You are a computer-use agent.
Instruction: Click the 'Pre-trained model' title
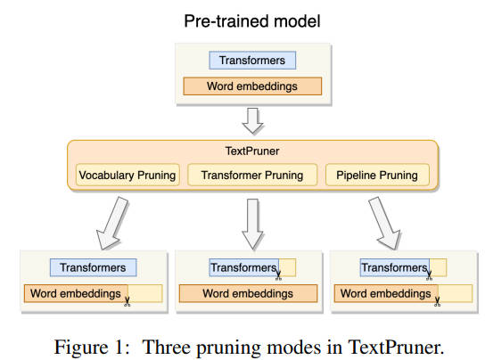click(252, 21)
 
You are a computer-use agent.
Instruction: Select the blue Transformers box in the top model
click(252, 61)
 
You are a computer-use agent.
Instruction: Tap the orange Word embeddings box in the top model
click(252, 86)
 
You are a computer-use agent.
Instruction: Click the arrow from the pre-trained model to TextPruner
click(252, 121)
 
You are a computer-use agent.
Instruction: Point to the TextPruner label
click(252, 151)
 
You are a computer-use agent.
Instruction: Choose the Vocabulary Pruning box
click(127, 175)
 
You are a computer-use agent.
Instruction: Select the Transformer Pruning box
click(252, 175)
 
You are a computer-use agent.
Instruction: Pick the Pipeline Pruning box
click(377, 175)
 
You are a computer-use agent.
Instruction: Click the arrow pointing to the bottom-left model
click(112, 224)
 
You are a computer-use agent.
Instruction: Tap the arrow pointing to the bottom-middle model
click(252, 225)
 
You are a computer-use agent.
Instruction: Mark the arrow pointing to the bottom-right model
click(384, 224)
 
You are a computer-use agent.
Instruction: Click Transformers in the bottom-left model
click(93, 267)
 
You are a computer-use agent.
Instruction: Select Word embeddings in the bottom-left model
click(76, 293)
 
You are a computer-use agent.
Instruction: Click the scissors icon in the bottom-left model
click(127, 302)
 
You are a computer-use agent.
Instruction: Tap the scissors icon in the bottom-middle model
click(278, 275)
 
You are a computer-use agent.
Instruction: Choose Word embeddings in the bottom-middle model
click(248, 293)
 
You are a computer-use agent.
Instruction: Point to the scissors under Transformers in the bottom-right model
click(429, 275)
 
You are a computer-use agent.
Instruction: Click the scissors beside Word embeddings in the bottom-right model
click(437, 302)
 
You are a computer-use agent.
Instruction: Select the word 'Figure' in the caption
click(81, 348)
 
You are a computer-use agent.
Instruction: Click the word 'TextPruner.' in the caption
click(396, 348)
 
